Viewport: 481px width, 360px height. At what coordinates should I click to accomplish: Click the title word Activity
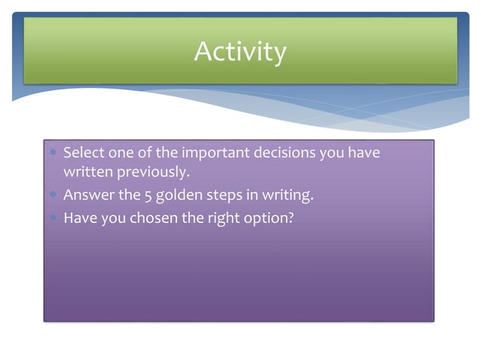pos(240,52)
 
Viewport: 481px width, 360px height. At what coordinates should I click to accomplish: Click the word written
pos(87,173)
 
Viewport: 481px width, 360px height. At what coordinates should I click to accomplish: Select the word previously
pos(152,173)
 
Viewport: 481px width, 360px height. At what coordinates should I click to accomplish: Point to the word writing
pos(286,197)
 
